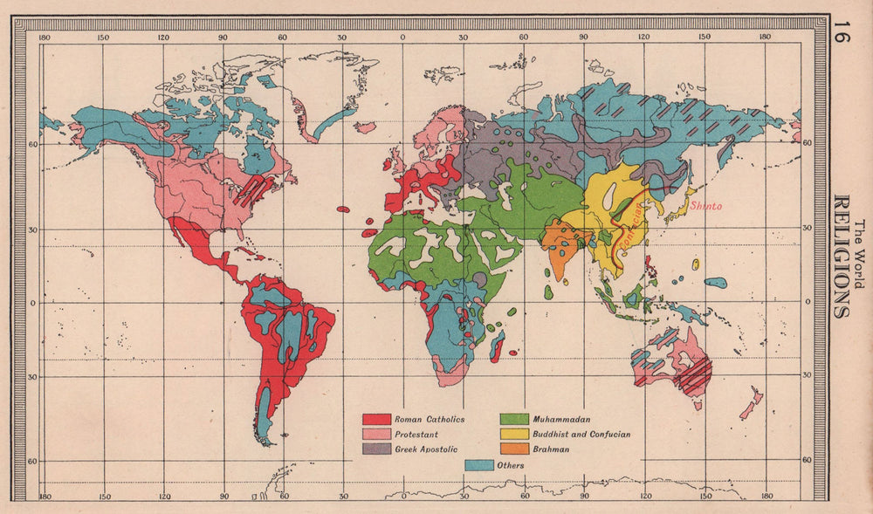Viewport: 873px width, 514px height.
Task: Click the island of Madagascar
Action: coord(496,346)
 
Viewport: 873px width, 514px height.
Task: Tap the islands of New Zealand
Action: coord(750,404)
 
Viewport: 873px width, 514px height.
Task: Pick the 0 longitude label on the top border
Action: coord(402,38)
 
